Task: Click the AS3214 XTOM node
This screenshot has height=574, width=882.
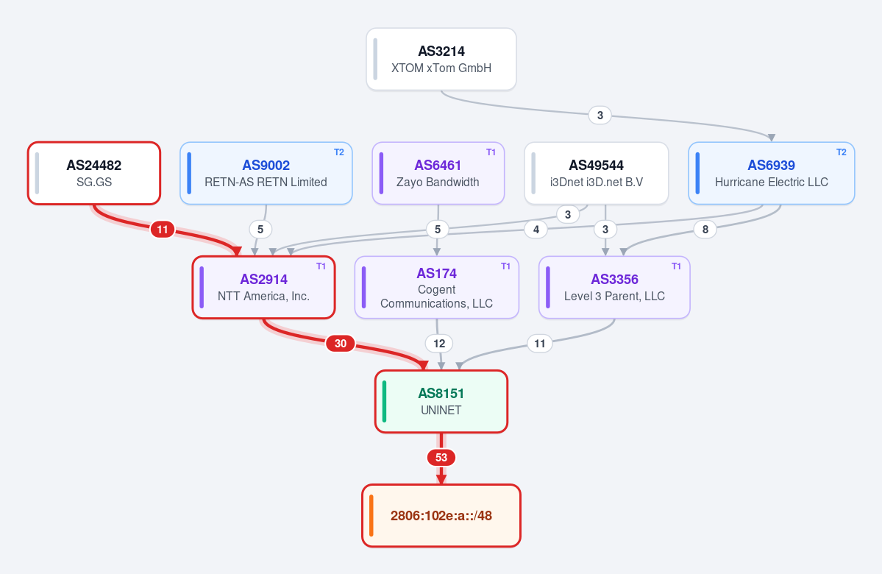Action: click(441, 59)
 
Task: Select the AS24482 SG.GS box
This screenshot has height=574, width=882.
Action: click(94, 174)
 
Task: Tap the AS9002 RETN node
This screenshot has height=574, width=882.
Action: click(266, 174)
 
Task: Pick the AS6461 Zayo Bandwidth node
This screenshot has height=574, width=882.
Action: click(438, 174)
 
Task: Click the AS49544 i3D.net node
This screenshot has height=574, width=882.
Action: click(597, 174)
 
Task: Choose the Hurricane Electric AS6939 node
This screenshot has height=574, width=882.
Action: click(771, 174)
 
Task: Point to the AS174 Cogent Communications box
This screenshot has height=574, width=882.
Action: click(436, 288)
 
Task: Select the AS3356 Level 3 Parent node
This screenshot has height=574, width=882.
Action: click(614, 288)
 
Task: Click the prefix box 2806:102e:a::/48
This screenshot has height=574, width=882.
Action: click(441, 515)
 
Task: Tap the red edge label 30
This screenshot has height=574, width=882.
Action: click(341, 343)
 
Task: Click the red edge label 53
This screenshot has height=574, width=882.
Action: click(441, 458)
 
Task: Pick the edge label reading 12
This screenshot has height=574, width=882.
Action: click(439, 343)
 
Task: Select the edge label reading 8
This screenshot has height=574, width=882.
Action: click(705, 229)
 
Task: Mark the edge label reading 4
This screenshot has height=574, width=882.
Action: click(536, 229)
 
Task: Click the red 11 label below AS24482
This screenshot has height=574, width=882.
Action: click(163, 229)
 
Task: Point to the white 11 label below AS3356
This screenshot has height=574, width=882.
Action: click(539, 343)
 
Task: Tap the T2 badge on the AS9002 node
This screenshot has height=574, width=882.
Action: click(338, 152)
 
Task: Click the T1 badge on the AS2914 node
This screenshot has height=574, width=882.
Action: click(321, 266)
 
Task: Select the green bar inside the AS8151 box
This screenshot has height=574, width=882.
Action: click(384, 401)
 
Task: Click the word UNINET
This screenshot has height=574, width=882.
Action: click(441, 410)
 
